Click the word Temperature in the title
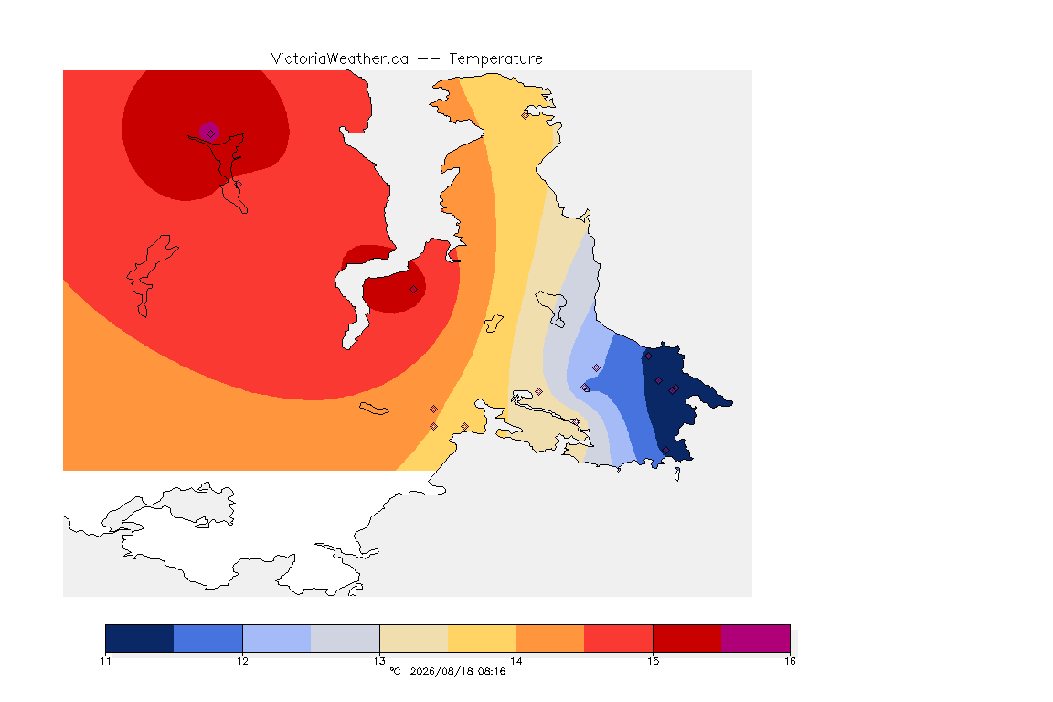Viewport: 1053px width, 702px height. pos(495,59)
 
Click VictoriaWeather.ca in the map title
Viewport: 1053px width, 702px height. pos(340,59)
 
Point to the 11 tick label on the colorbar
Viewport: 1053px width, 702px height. pos(105,661)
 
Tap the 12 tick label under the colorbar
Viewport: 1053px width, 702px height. pos(242,661)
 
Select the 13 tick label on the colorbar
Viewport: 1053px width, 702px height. pos(379,661)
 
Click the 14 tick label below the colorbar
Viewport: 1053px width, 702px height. pos(516,661)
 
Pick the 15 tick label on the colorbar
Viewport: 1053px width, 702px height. pos(653,661)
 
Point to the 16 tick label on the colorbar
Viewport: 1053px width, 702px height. pos(790,661)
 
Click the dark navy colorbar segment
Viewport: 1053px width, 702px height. pos(140,638)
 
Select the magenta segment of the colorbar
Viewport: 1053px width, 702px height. pos(756,638)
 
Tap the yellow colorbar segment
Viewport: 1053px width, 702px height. pos(482,638)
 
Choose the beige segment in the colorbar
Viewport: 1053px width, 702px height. pos(414,638)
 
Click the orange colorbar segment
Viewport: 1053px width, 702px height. pos(550,638)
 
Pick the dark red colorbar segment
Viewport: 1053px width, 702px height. pos(687,638)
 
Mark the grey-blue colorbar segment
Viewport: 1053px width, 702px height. pos(346,638)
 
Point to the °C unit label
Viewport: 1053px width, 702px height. pos(395,671)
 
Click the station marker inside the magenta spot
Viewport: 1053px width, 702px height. pos(211,133)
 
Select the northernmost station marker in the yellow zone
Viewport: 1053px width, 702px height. pos(526,115)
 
